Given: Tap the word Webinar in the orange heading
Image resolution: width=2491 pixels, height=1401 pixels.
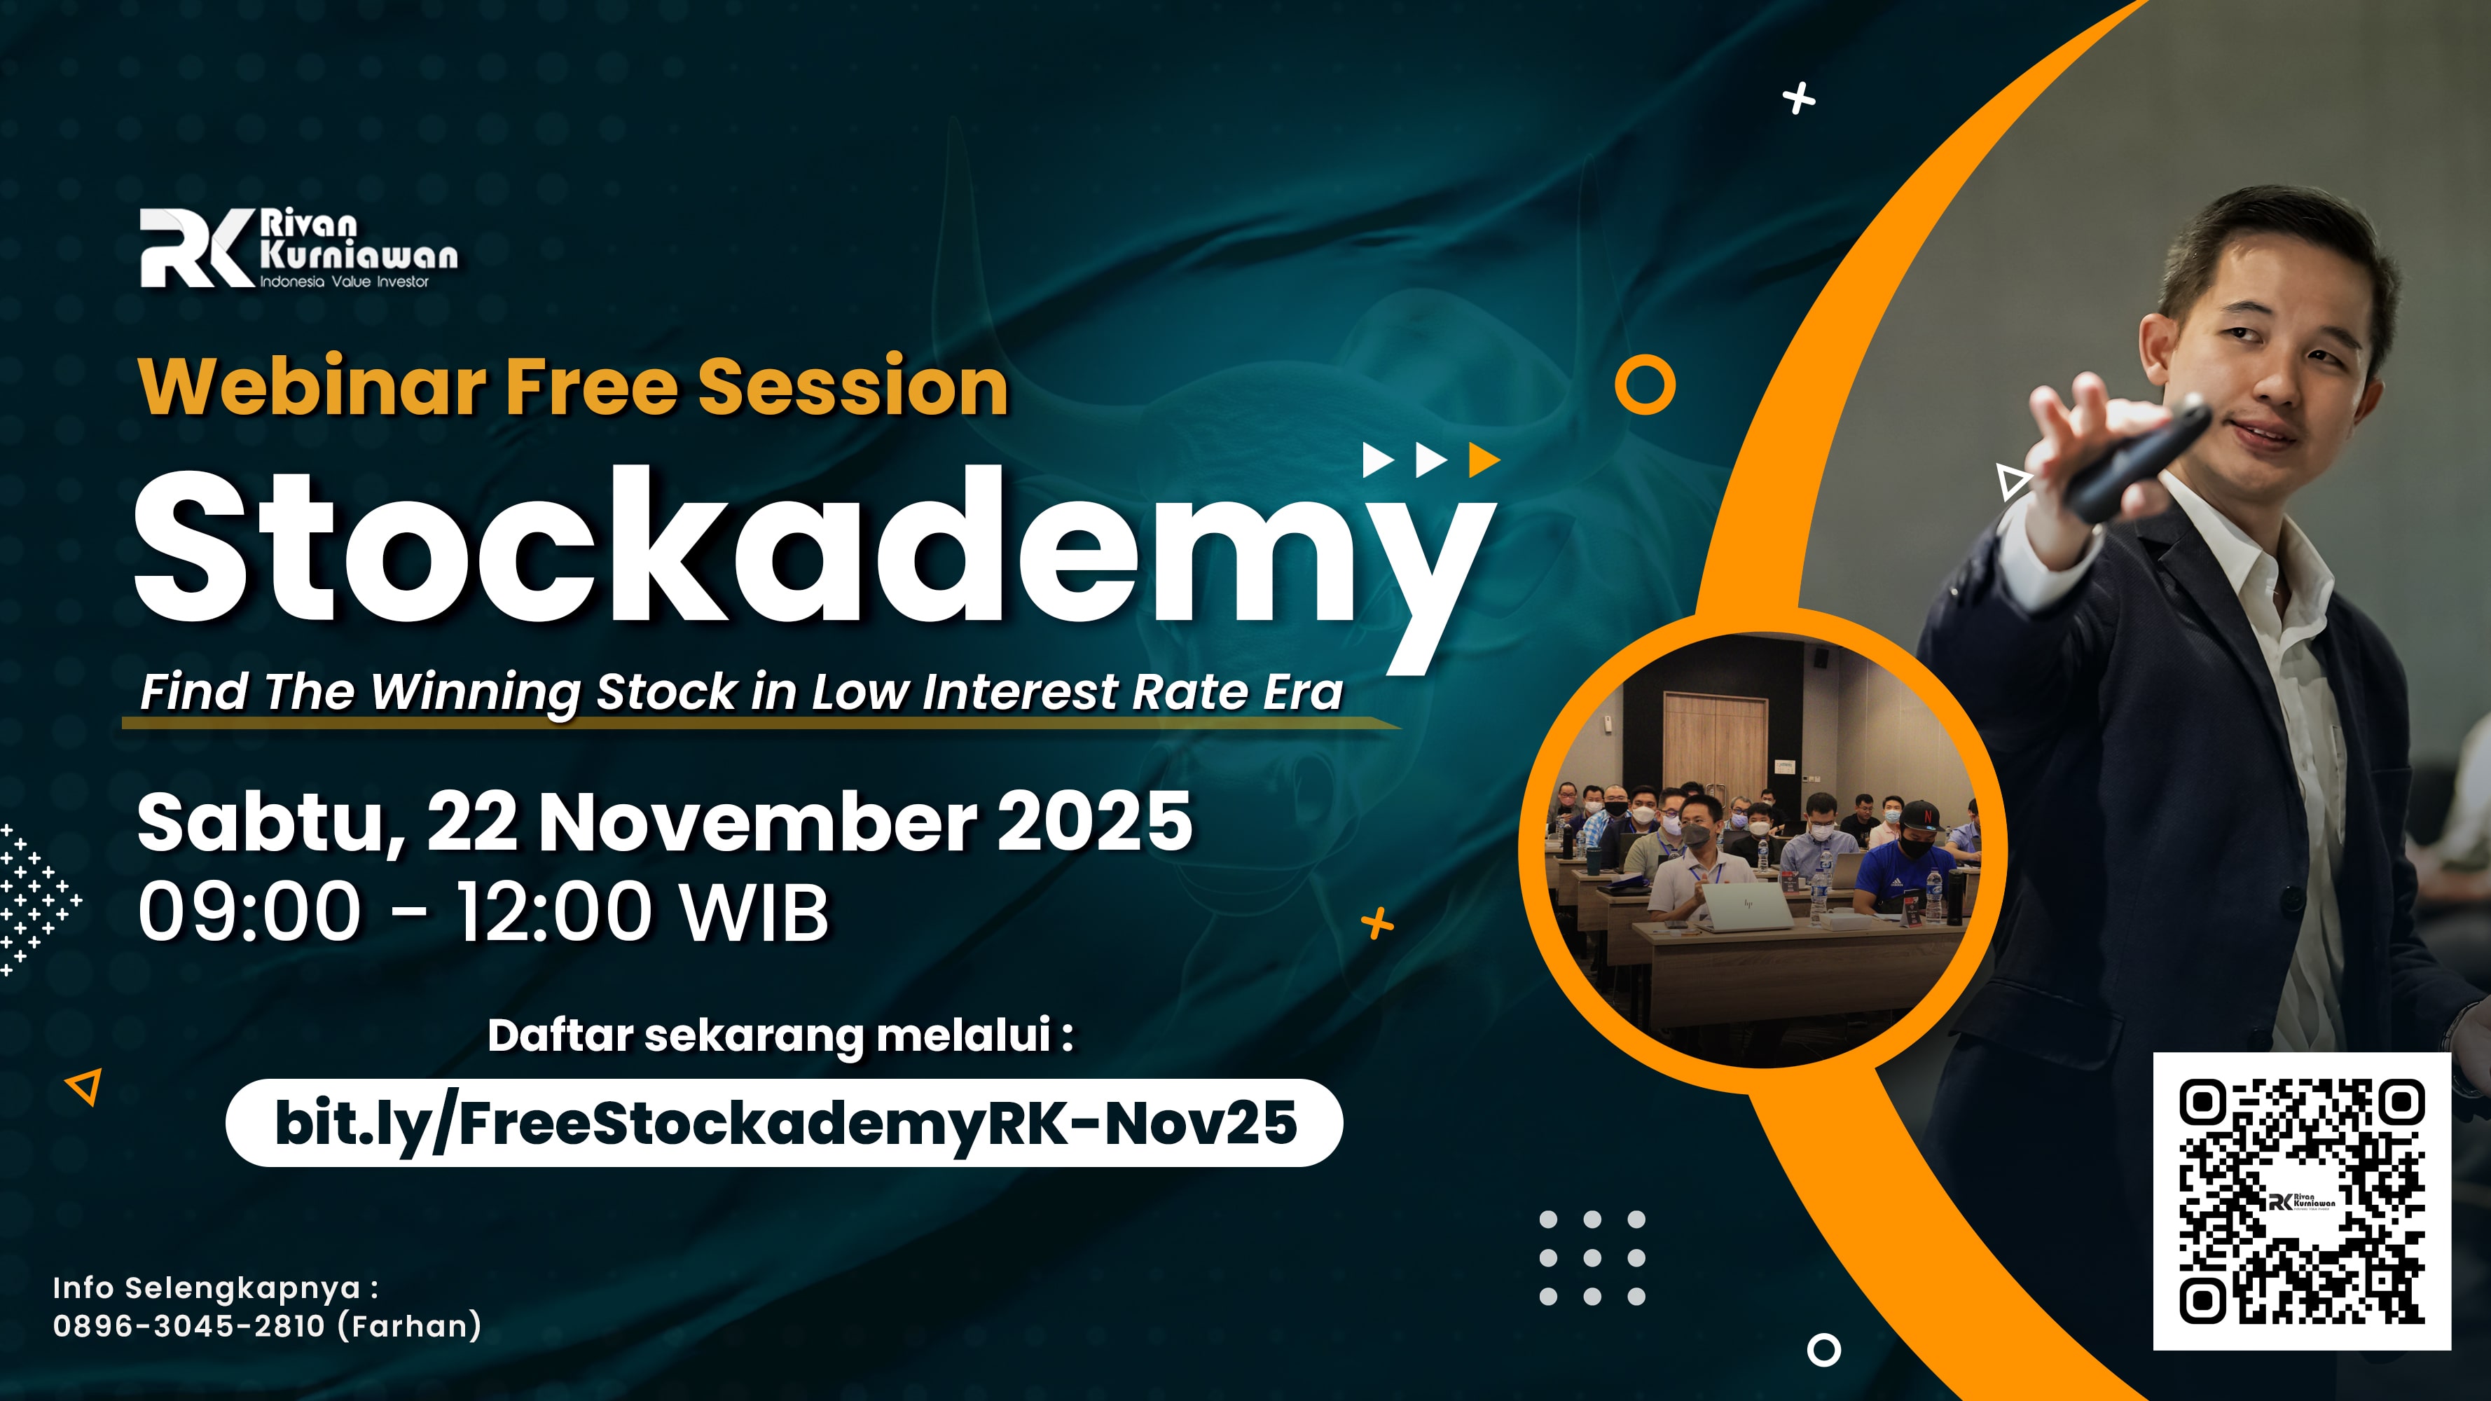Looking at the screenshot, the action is point(311,387).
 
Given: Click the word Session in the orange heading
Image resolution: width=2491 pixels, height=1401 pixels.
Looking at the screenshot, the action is point(853,387).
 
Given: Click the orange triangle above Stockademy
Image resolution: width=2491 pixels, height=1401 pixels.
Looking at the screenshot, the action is point(1482,460).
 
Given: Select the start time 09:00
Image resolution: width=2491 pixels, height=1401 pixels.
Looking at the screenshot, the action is point(249,911).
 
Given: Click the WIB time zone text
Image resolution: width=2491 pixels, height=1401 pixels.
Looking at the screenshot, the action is point(754,911).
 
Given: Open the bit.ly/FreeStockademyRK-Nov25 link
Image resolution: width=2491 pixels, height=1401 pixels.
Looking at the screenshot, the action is point(785,1122).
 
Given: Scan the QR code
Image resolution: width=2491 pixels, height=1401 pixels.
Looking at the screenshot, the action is point(2301,1201).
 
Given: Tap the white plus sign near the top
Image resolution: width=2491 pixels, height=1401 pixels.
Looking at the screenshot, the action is point(1799,99).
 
